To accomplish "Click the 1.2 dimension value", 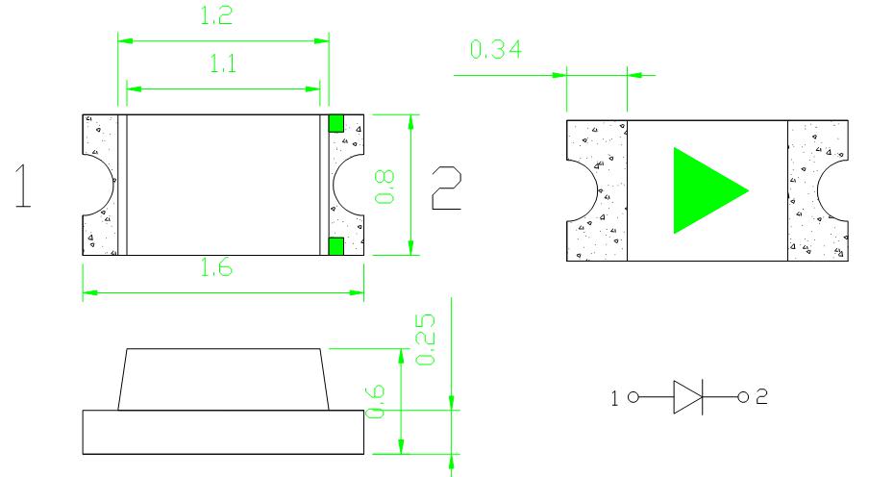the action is pos(216,15).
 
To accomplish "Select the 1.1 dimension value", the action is pos(223,63).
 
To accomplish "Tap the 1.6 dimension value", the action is pos(216,268).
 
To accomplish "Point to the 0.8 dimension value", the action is pos(385,187).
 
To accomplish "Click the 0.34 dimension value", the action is pos(495,49).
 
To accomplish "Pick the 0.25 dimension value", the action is pos(426,339).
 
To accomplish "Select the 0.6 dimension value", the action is pos(375,401).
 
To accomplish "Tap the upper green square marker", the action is pos(335,123).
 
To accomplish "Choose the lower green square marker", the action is pos(335,246).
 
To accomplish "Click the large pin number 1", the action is pos(23,186).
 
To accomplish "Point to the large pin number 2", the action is pos(447,188).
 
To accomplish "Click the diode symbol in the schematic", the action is pos(687,397).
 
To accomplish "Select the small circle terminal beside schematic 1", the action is pos(633,397).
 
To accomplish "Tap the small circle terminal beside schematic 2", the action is pos(743,397).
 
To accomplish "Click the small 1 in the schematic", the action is pos(614,398).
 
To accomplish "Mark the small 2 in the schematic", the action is pos(762,396).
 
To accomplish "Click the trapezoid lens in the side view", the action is pos(223,379).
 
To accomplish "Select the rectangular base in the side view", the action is pos(223,432).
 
